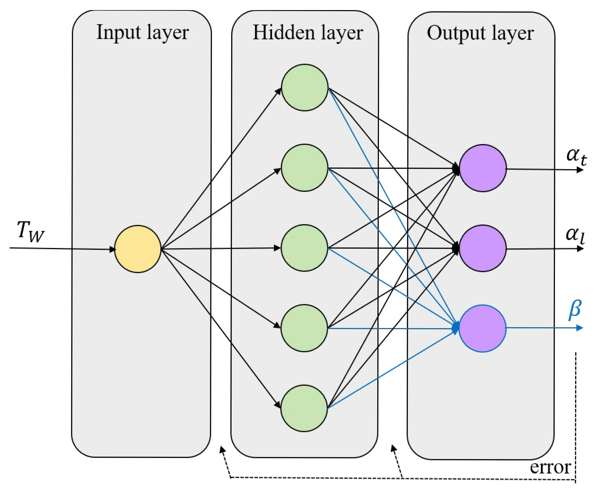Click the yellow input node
(138, 249)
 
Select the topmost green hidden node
(305, 87)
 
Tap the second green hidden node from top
(305, 168)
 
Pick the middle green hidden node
(305, 248)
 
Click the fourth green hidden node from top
(304, 328)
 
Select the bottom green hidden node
(304, 408)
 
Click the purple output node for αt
(483, 168)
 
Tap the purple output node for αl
(483, 248)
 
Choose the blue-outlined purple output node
(483, 328)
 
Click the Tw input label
(30, 232)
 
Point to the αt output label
(576, 156)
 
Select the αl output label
(575, 235)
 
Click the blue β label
(575, 309)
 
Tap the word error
(550, 467)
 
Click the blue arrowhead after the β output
(580, 328)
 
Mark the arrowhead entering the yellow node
(112, 249)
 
